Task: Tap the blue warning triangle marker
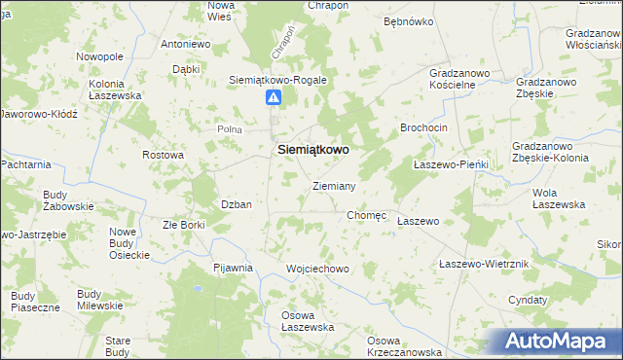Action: pos(274,97)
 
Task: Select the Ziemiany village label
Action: pos(334,185)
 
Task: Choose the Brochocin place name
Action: pos(423,128)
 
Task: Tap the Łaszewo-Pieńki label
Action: pos(450,165)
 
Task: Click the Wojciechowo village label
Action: pos(317,268)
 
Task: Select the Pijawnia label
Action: pos(234,267)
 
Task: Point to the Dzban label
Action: pos(237,204)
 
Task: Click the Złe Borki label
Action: pos(183,225)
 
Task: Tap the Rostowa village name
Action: pos(163,155)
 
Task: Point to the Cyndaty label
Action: pos(527,300)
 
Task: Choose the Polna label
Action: pos(229,128)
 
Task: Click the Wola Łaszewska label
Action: pos(558,198)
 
